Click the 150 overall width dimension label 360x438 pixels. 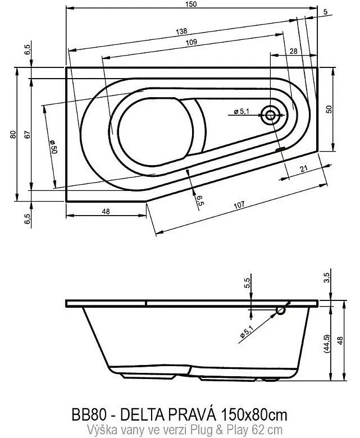pyautogui.click(x=191, y=4)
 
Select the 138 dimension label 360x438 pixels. pyautogui.click(x=181, y=31)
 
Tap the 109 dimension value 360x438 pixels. pyautogui.click(x=192, y=42)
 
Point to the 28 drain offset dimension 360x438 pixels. pyautogui.click(x=294, y=52)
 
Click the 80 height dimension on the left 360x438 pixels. pyautogui.click(x=13, y=135)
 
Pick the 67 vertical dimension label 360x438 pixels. pyautogui.click(x=27, y=135)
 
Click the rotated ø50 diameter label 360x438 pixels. pyautogui.click(x=53, y=147)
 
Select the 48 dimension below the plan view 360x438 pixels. pyautogui.click(x=106, y=212)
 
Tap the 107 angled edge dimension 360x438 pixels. pyautogui.click(x=239, y=205)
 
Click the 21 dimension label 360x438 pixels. pyautogui.click(x=304, y=168)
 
